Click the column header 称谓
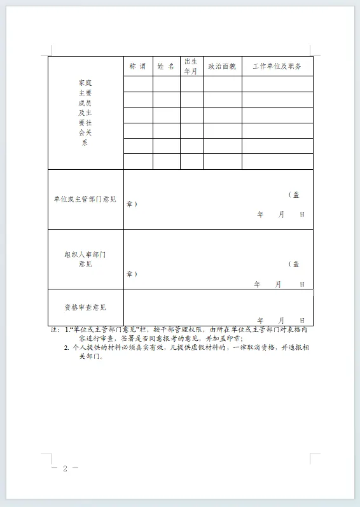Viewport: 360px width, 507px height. tap(138, 66)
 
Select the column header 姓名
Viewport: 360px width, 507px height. tap(166, 66)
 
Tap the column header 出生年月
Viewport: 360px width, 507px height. tap(191, 66)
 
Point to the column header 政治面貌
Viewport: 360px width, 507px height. tap(222, 66)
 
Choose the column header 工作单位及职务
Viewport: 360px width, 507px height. tap(277, 66)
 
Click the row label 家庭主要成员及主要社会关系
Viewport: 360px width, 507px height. tap(85, 113)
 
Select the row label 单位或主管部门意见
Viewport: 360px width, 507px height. tap(85, 199)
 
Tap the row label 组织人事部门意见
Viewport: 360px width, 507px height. tap(85, 259)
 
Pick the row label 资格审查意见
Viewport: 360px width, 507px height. tap(85, 307)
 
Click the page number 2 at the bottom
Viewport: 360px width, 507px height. tap(64, 469)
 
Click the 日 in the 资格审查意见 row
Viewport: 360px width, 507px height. tap(302, 321)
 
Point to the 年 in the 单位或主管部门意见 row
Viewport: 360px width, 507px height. tap(260, 214)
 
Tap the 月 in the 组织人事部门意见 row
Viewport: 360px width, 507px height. tap(278, 284)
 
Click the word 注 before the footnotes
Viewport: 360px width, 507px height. tap(53, 330)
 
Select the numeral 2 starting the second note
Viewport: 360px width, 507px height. tap(66, 348)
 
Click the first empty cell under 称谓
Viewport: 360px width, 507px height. tap(138, 84)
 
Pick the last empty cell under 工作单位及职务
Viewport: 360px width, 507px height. tap(277, 162)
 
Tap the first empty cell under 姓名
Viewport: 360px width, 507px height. tap(166, 84)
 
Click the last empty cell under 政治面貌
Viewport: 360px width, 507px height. tap(222, 162)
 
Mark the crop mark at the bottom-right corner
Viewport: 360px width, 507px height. tap(314, 459)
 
